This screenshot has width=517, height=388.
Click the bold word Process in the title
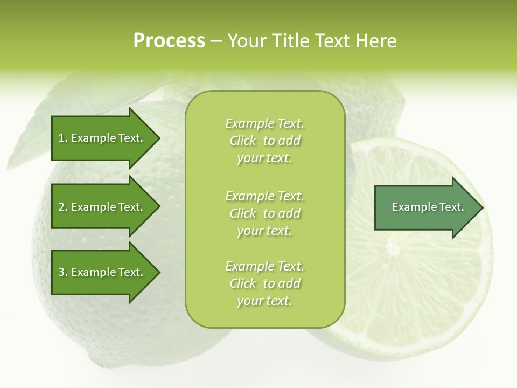coord(169,41)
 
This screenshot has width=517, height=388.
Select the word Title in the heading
coord(291,41)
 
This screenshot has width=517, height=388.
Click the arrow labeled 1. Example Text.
coord(102,138)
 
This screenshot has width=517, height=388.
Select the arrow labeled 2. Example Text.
coord(102,207)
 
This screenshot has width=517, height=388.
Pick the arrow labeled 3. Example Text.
coord(102,272)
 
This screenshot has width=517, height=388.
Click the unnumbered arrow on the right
coord(425,207)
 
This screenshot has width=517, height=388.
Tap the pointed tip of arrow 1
coord(158,138)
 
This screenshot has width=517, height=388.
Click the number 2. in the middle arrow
coord(63,207)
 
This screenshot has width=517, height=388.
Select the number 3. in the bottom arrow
coord(63,272)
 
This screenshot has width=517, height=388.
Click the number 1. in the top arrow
coord(63,138)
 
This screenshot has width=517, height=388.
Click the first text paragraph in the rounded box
coord(264,141)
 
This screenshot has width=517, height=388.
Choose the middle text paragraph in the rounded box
coord(264,213)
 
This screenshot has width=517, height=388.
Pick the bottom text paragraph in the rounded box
coord(264,283)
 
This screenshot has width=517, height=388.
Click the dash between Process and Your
coord(216,41)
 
